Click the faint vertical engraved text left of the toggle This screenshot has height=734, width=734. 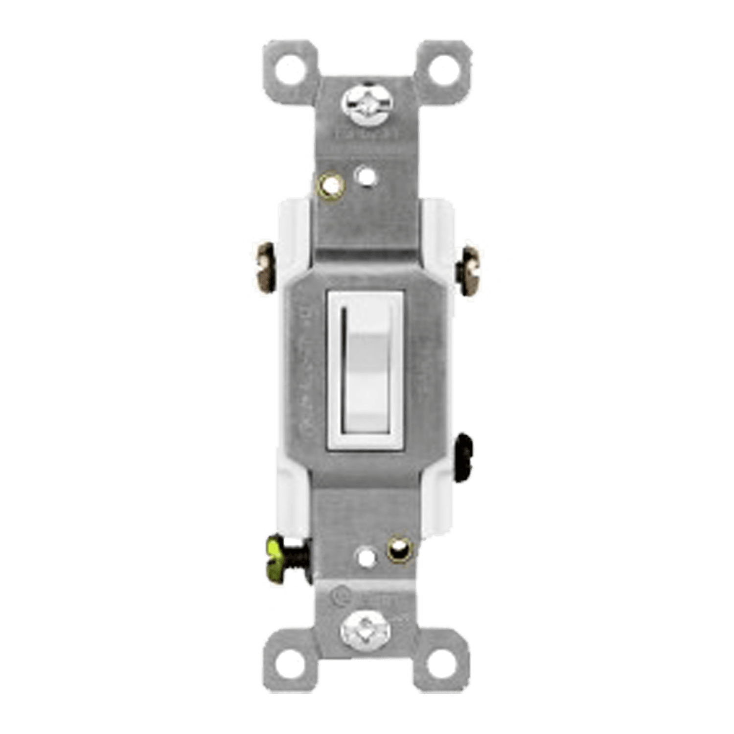(x=308, y=367)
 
